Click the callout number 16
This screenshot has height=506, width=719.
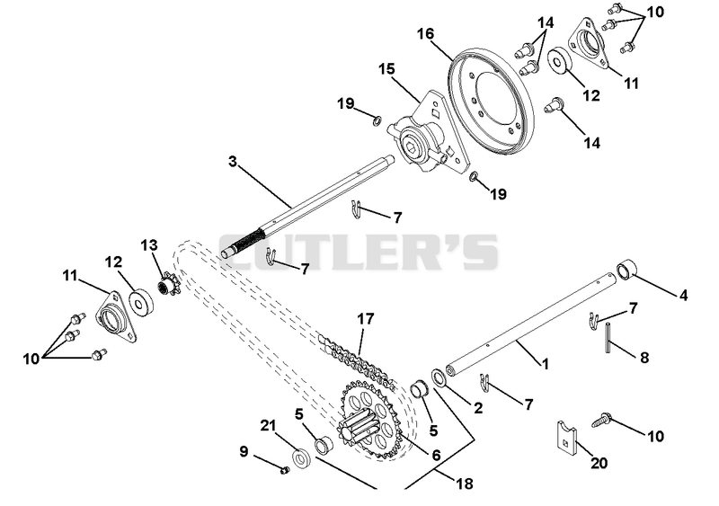point(425,34)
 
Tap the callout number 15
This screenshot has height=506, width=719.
point(386,69)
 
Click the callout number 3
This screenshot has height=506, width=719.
point(233,162)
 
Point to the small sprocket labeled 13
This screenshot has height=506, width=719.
point(168,284)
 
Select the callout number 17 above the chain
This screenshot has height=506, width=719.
point(366,319)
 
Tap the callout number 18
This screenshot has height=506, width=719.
point(464,484)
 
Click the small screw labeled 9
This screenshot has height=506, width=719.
point(284,469)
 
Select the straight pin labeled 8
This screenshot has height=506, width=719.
point(608,338)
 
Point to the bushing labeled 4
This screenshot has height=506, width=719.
point(626,270)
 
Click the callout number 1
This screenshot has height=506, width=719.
point(545,364)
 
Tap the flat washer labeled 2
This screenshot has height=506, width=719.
point(439,378)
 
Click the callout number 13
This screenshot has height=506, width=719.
point(149,246)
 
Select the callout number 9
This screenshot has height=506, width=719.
point(244,452)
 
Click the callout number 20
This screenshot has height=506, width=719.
point(599,464)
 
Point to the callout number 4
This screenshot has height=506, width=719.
point(683,296)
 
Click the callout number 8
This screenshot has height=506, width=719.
point(644,358)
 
